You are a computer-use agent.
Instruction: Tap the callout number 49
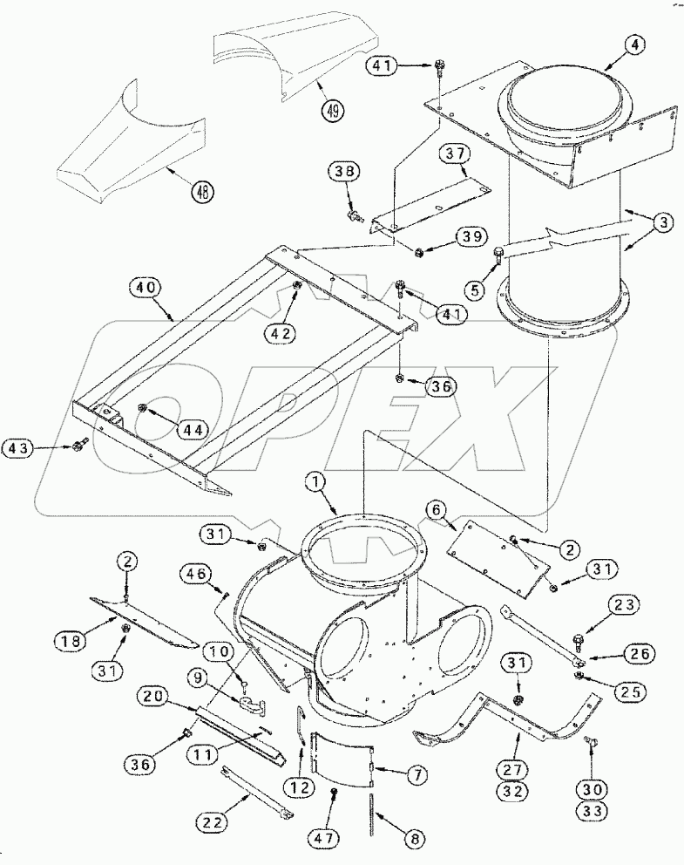point(335,111)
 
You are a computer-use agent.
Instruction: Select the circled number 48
point(202,191)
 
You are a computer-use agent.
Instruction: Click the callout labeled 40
point(146,287)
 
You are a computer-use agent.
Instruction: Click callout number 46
point(197,573)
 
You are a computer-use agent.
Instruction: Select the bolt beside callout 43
point(78,446)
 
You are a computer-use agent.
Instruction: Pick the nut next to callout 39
point(419,253)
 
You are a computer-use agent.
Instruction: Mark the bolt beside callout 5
point(498,255)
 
